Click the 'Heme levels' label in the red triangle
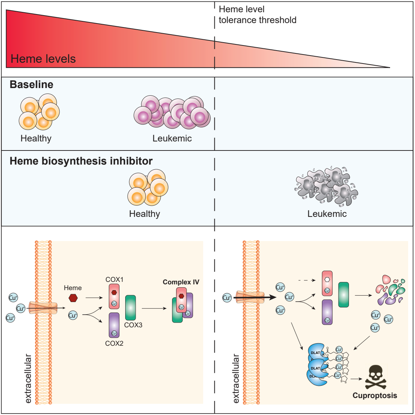(x=43, y=59)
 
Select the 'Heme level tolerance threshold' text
(x=257, y=15)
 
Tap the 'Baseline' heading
(x=31, y=84)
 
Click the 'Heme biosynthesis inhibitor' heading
(x=81, y=161)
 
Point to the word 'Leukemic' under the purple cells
(x=172, y=139)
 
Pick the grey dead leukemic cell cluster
(x=326, y=186)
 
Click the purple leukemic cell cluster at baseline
(x=172, y=112)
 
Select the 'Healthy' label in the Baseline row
(x=36, y=139)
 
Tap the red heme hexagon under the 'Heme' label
(x=73, y=298)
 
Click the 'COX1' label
(x=114, y=280)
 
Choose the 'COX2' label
(x=114, y=344)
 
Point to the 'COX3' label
(x=133, y=325)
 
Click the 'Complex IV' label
(x=181, y=282)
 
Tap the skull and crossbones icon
(x=375, y=377)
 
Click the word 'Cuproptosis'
(x=375, y=396)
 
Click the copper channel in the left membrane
(x=43, y=308)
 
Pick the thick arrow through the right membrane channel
(x=255, y=298)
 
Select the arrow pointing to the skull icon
(x=356, y=379)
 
